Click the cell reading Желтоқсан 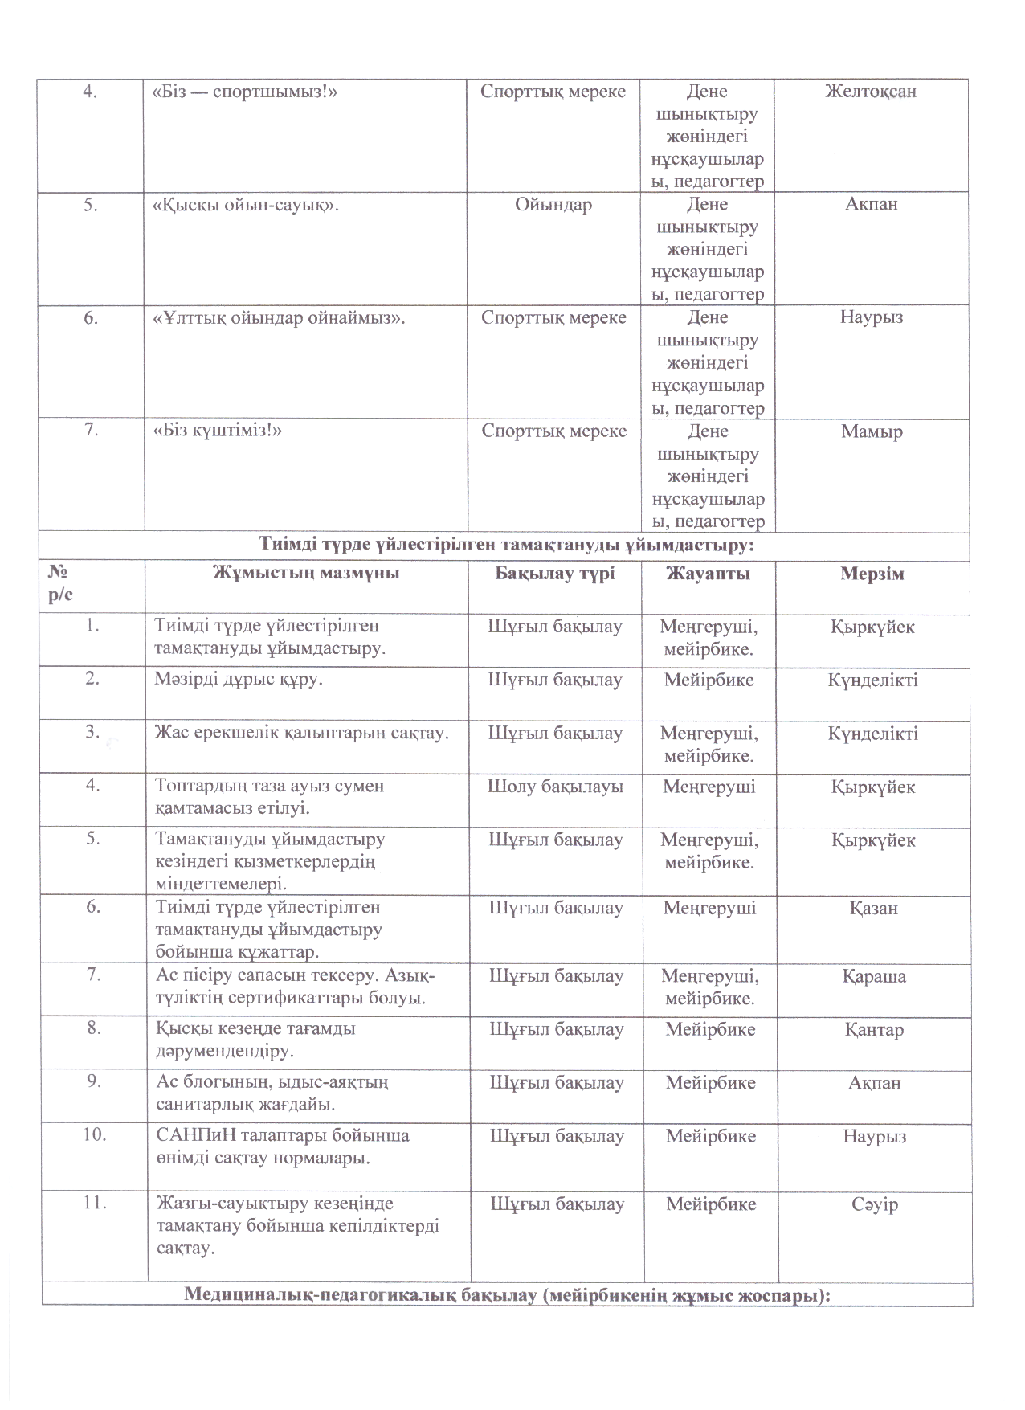click(x=871, y=92)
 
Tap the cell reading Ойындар click(x=553, y=205)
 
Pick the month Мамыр click(x=872, y=431)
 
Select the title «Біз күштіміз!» click(x=218, y=431)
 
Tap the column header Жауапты click(x=708, y=573)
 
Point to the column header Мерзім click(x=872, y=573)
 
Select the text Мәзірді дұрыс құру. click(x=239, y=680)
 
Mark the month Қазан click(x=873, y=909)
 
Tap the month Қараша click(x=874, y=976)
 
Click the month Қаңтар click(x=873, y=1029)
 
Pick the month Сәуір click(x=874, y=1204)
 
